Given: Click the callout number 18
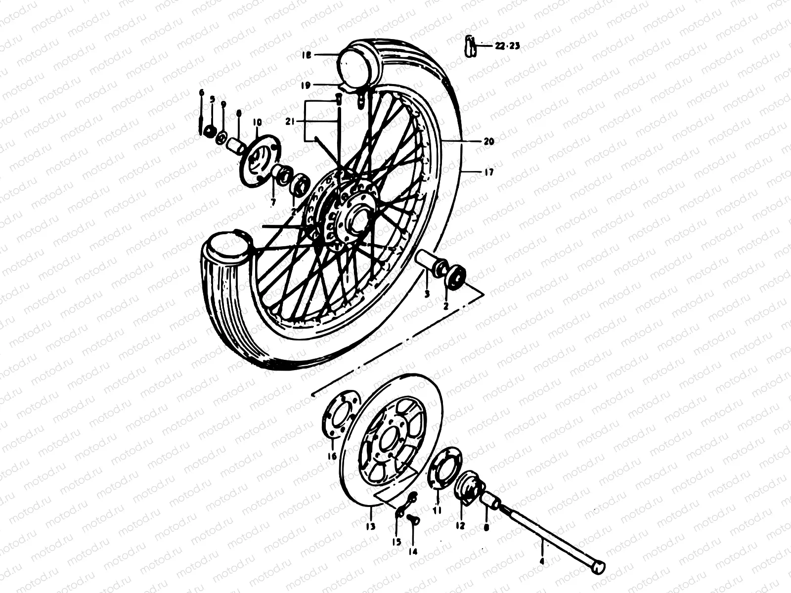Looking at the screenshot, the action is (307, 56).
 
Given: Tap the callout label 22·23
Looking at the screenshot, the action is (507, 46).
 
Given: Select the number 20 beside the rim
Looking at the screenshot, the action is (488, 141).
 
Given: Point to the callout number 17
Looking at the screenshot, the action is (488, 172).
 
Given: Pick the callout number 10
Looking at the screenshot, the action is (257, 122).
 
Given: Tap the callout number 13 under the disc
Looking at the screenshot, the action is (371, 526).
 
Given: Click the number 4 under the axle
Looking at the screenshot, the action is (541, 561).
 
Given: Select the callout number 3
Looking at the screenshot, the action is (427, 294).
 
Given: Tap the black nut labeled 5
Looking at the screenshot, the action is (210, 131).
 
